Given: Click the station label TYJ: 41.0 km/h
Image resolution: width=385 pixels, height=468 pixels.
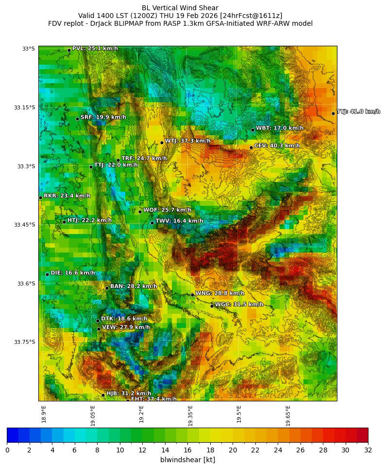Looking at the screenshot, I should [x=358, y=112].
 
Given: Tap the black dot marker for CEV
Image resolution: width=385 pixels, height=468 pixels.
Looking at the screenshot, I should [x=251, y=147].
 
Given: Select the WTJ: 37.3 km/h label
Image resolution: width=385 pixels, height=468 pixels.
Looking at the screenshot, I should [x=187, y=141].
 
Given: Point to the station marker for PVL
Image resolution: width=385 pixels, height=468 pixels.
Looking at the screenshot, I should [x=69, y=50].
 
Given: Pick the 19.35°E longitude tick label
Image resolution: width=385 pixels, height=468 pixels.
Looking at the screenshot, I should [x=190, y=415].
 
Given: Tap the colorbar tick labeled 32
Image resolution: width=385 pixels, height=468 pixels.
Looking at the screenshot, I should [x=368, y=450].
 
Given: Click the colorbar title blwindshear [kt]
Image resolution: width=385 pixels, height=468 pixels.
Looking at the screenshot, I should [x=187, y=460].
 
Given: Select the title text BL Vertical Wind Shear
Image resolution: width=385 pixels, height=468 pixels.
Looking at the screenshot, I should [x=180, y=8].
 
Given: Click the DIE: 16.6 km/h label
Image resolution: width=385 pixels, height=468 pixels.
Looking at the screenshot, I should [x=73, y=273].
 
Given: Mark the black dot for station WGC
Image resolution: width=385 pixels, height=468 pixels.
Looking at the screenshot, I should [x=212, y=306].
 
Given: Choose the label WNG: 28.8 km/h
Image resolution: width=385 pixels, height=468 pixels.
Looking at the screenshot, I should [x=219, y=293].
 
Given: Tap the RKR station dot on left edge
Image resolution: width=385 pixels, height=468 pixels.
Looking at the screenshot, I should [x=40, y=198].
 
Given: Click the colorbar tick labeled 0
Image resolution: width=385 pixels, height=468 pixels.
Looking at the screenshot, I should [x=7, y=450].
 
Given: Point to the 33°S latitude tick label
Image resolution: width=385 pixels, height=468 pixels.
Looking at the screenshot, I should [x=28, y=49].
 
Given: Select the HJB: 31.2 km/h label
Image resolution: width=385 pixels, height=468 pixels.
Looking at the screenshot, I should [x=129, y=393].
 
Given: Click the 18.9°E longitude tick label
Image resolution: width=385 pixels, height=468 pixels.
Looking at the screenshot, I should [x=44, y=414].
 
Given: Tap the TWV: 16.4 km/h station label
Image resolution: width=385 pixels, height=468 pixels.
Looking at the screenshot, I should [x=179, y=221].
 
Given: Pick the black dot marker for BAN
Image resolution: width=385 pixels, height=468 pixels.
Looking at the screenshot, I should [x=107, y=288].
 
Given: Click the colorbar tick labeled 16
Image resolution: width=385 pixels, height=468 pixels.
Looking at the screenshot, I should [x=187, y=450].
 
